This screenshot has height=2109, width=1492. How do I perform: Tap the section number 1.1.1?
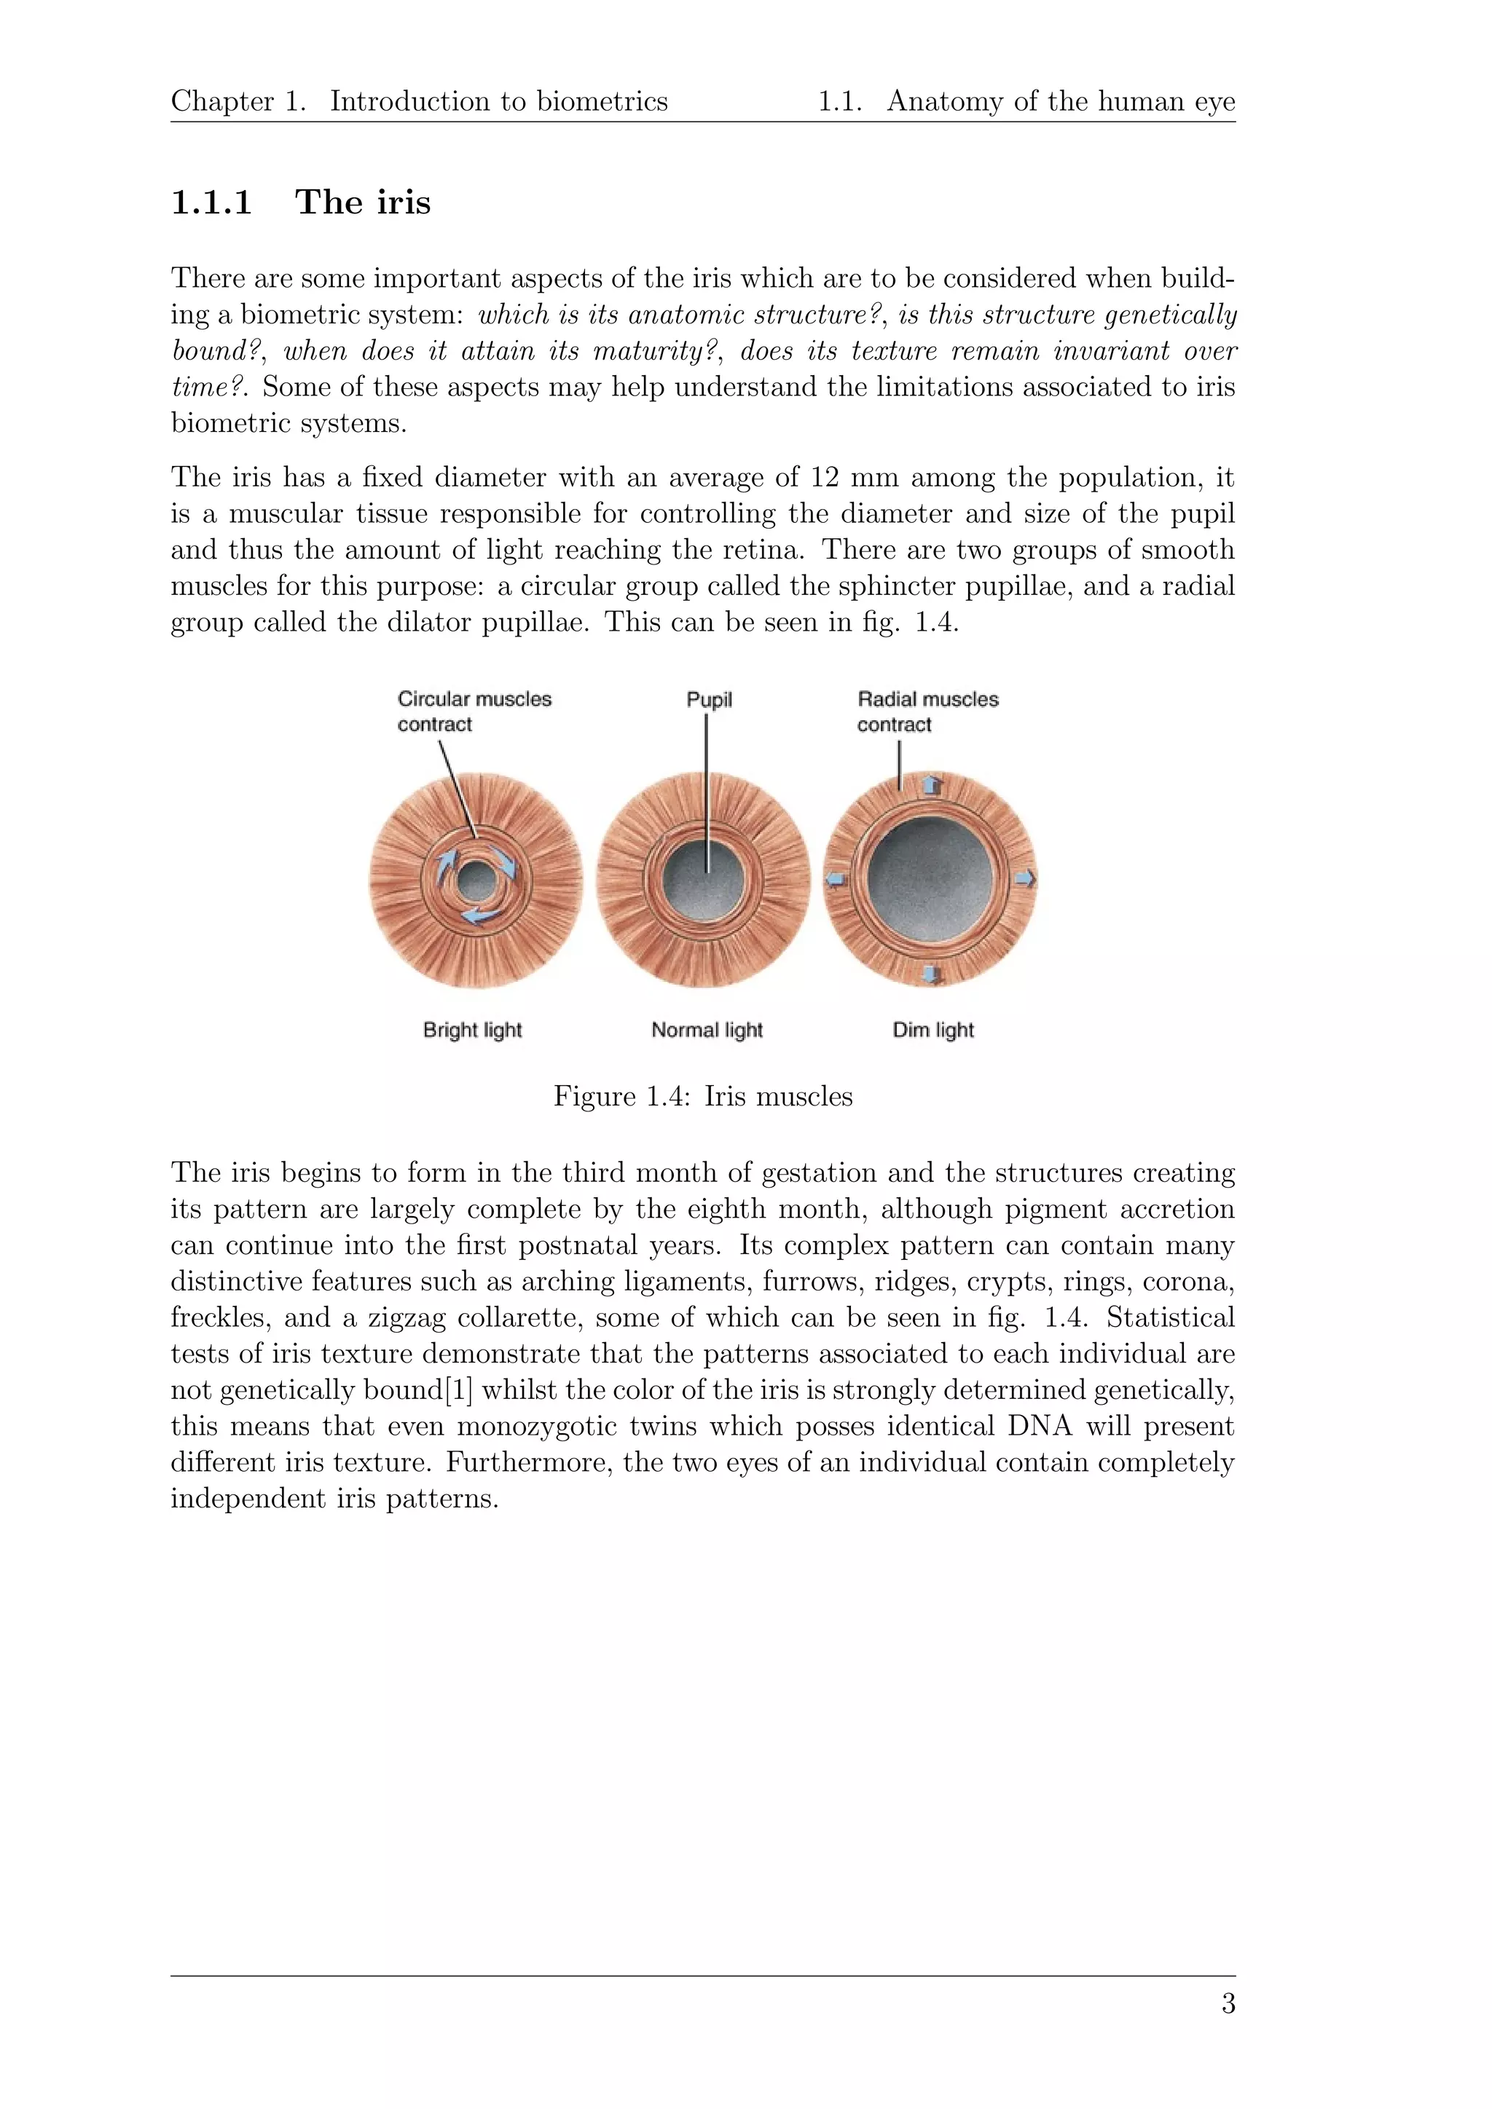[x=211, y=203]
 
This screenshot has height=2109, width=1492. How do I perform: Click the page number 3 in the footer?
[x=1228, y=2003]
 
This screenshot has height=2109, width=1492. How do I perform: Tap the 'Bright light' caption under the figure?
[x=472, y=1030]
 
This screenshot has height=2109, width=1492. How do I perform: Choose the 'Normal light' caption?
[x=707, y=1030]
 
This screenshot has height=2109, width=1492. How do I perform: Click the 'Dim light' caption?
[x=932, y=1030]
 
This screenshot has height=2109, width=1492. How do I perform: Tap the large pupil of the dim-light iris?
[x=930, y=880]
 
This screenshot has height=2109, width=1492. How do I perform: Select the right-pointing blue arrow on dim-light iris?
[x=1024, y=879]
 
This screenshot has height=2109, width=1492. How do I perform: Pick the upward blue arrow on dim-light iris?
[x=932, y=784]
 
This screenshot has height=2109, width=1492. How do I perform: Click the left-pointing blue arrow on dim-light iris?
[x=834, y=879]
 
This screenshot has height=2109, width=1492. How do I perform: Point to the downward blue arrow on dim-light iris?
[x=932, y=974]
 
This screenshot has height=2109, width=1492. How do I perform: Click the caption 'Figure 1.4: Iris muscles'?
[x=703, y=1097]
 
